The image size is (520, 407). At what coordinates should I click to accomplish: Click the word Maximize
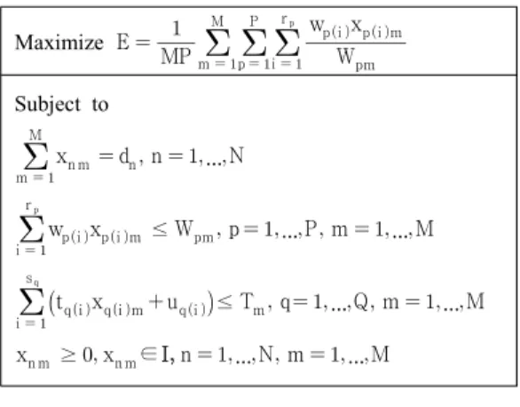tap(59, 43)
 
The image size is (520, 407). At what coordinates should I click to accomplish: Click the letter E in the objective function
tap(123, 43)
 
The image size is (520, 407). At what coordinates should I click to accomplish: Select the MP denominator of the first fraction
tap(176, 57)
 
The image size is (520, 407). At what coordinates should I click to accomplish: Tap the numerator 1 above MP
tap(177, 28)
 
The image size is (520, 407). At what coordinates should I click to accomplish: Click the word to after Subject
tap(100, 104)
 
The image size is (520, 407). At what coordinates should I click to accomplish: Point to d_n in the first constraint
tap(128, 157)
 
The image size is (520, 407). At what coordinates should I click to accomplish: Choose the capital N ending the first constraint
tap(236, 156)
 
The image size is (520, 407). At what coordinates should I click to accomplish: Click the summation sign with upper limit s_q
tap(32, 301)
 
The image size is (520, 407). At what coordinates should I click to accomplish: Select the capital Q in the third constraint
tap(361, 302)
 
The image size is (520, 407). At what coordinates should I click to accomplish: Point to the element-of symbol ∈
tap(148, 355)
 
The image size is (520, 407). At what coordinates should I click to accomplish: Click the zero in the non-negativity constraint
tap(88, 355)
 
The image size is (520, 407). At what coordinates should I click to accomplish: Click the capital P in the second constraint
tap(310, 228)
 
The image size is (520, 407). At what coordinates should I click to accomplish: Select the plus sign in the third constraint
tap(155, 302)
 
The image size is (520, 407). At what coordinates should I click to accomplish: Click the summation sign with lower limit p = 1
tap(255, 43)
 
